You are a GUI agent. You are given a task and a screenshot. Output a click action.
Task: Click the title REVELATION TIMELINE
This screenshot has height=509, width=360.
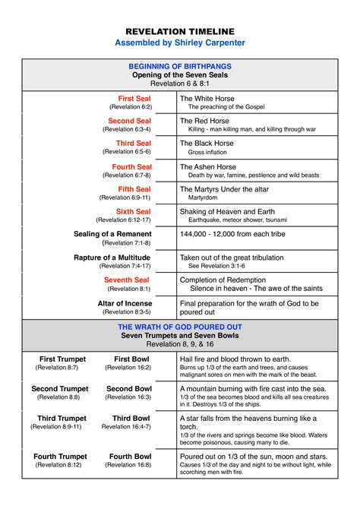click(x=180, y=30)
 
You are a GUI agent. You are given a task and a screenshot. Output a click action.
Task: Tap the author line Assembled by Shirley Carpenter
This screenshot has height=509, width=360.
click(x=180, y=43)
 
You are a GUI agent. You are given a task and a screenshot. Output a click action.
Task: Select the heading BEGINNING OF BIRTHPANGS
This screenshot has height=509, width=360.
click(x=180, y=66)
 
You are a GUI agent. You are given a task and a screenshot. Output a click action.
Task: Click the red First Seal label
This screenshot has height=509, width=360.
click(x=134, y=99)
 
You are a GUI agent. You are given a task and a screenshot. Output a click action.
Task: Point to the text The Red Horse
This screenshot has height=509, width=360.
click(x=203, y=121)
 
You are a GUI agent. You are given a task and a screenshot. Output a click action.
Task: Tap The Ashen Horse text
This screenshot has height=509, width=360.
click(x=206, y=166)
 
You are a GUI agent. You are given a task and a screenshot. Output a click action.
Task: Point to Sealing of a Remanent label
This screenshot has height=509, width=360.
click(x=112, y=234)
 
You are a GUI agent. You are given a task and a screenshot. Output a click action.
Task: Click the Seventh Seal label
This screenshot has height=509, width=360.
click(x=127, y=280)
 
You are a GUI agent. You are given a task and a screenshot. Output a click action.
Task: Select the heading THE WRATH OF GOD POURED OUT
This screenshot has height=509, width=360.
click(x=180, y=327)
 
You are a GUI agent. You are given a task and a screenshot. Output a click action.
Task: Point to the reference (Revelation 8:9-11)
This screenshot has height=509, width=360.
click(x=56, y=427)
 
